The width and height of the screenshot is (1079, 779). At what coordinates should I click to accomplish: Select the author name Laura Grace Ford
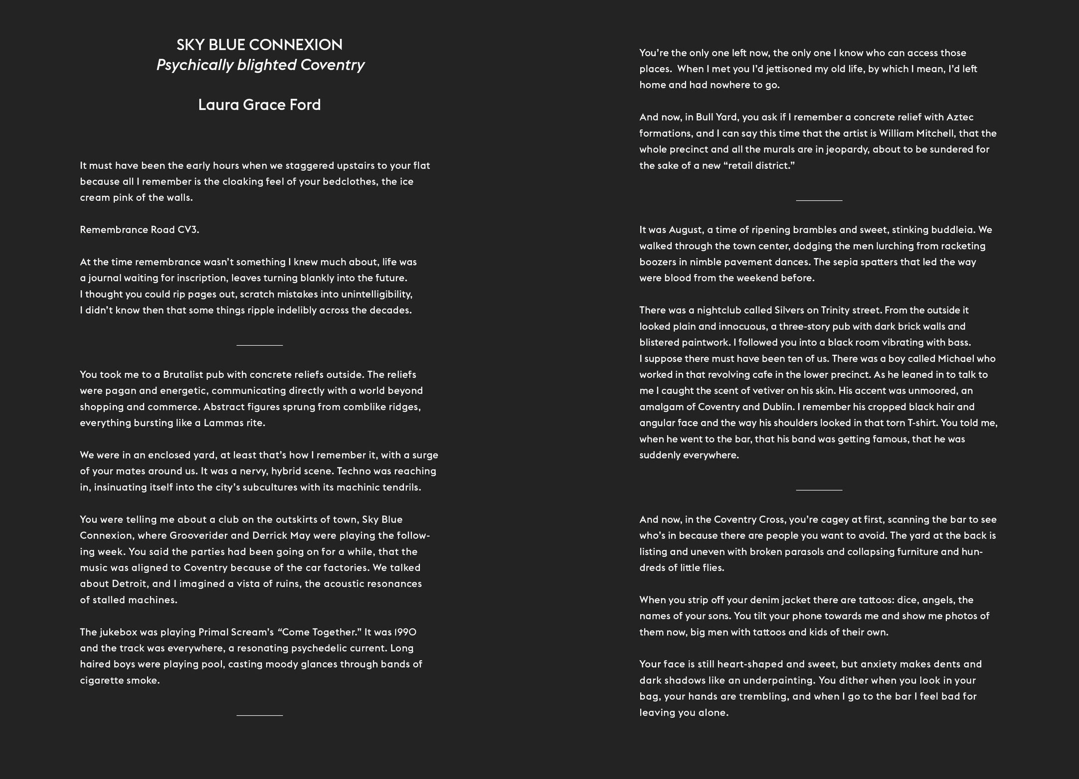click(x=259, y=105)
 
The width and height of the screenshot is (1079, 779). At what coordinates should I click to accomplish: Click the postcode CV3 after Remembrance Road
click(x=188, y=230)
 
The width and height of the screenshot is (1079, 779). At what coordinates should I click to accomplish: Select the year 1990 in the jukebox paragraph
click(x=405, y=632)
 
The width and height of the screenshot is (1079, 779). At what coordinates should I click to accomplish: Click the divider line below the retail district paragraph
click(x=819, y=200)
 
